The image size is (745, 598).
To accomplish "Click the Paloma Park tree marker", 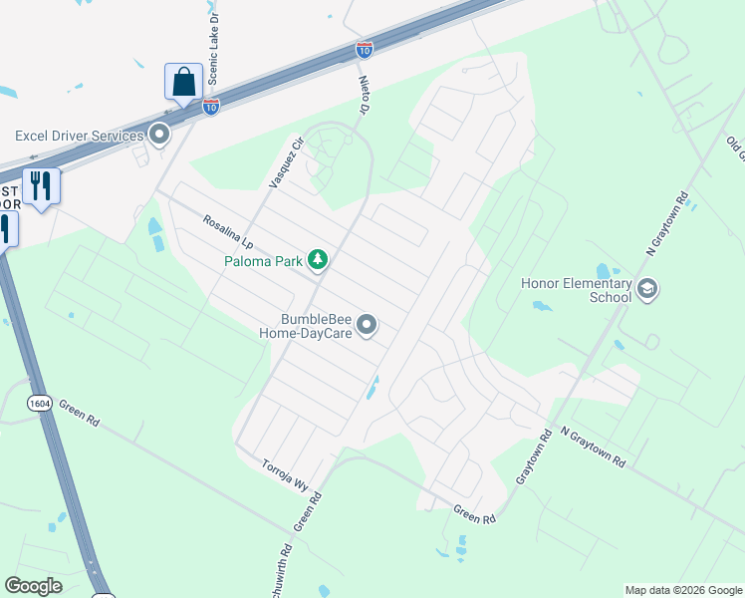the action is [318, 260].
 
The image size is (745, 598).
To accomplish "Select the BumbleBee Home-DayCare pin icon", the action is [368, 326].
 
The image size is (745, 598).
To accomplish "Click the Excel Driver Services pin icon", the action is [159, 135].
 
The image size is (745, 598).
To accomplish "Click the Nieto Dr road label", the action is [363, 93].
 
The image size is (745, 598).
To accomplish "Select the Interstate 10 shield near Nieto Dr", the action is [365, 49].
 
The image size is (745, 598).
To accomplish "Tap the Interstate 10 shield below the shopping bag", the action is [211, 106].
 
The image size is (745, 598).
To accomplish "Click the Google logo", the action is [33, 586].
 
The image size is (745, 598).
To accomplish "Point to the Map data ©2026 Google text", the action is [683, 590].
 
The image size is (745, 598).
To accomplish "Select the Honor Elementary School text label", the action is [577, 289].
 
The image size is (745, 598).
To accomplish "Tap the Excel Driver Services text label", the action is [78, 135].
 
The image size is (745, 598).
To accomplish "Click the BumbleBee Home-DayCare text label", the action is [316, 327].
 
